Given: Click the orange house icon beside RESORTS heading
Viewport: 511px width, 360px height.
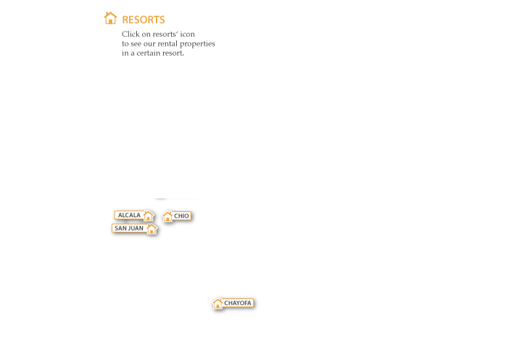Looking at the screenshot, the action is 111,18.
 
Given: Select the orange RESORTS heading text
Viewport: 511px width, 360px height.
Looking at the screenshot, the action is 143,20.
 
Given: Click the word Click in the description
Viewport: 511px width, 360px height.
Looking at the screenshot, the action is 130,34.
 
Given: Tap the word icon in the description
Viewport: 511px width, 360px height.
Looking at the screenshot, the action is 187,34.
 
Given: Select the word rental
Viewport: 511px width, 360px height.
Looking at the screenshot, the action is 168,44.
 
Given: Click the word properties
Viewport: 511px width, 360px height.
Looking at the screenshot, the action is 197,44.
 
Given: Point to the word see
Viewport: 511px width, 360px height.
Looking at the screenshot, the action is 136,44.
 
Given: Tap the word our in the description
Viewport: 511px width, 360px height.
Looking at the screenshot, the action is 149,44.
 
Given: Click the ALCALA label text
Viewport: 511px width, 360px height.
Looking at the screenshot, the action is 129,215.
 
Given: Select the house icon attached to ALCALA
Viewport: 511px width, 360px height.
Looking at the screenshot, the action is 148,215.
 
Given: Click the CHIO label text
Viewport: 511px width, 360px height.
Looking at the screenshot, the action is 181,216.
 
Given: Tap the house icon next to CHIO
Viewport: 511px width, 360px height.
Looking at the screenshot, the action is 168,217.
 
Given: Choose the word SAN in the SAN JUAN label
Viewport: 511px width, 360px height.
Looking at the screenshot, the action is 121,228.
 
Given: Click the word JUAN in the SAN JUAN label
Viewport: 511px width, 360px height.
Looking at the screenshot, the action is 136,228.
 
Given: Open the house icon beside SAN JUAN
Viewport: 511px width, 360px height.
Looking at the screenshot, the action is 151,229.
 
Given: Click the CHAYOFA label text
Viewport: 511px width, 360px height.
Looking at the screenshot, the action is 238,303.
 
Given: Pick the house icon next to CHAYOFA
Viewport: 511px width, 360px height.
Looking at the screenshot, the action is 218,303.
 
